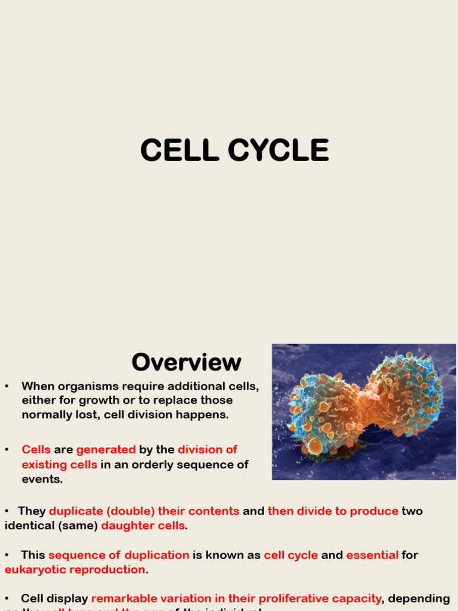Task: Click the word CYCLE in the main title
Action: pyautogui.click(x=278, y=150)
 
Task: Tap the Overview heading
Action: pyautogui.click(x=186, y=362)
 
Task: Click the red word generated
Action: pyautogui.click(x=106, y=450)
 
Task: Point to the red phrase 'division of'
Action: pyautogui.click(x=208, y=450)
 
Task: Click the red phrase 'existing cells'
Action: pyautogui.click(x=60, y=464)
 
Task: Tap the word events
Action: pyautogui.click(x=42, y=479)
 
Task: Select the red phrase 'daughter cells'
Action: pyautogui.click(x=143, y=526)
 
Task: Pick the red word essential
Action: pyautogui.click(x=372, y=555)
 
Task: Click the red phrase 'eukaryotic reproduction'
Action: pyautogui.click(x=75, y=569)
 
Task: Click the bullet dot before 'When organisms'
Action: pyautogui.click(x=7, y=386)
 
